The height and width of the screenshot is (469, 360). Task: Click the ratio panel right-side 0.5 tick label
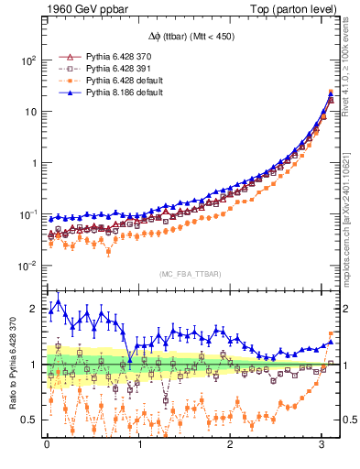[x=348, y=420]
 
